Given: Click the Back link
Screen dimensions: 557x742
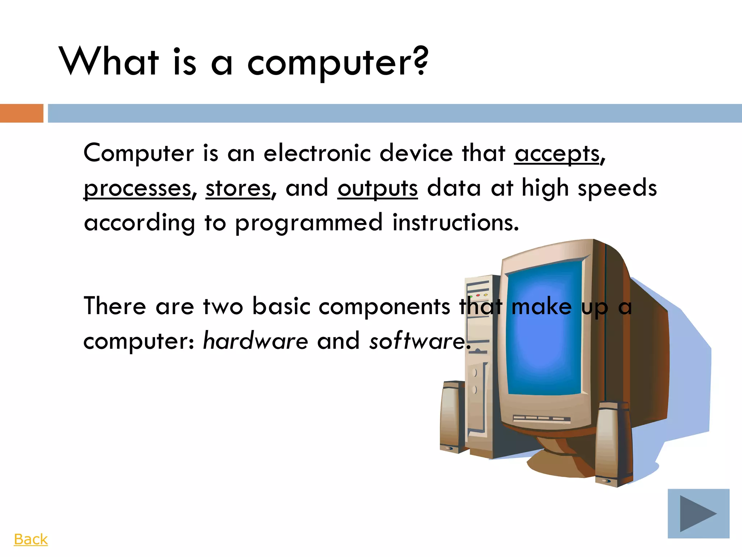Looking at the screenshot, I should click(x=31, y=539).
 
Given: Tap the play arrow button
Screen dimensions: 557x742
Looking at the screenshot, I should click(x=698, y=513).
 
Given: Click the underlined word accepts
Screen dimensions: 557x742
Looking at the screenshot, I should click(x=557, y=154).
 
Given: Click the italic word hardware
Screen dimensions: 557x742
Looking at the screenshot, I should click(x=255, y=341).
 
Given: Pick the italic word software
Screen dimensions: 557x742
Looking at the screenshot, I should click(x=417, y=341).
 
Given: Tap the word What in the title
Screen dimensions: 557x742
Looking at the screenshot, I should click(x=109, y=62).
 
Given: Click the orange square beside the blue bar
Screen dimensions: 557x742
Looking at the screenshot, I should click(x=22, y=113).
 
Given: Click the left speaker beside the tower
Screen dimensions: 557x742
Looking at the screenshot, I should click(x=452, y=417).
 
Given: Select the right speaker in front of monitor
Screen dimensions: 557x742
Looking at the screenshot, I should click(x=613, y=444).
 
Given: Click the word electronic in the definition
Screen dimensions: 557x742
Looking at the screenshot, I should click(x=317, y=153).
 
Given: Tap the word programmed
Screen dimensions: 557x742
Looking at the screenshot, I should click(x=309, y=223).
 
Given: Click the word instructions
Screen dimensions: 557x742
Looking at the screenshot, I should click(x=455, y=222).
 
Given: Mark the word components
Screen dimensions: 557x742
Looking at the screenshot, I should click(x=384, y=306).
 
